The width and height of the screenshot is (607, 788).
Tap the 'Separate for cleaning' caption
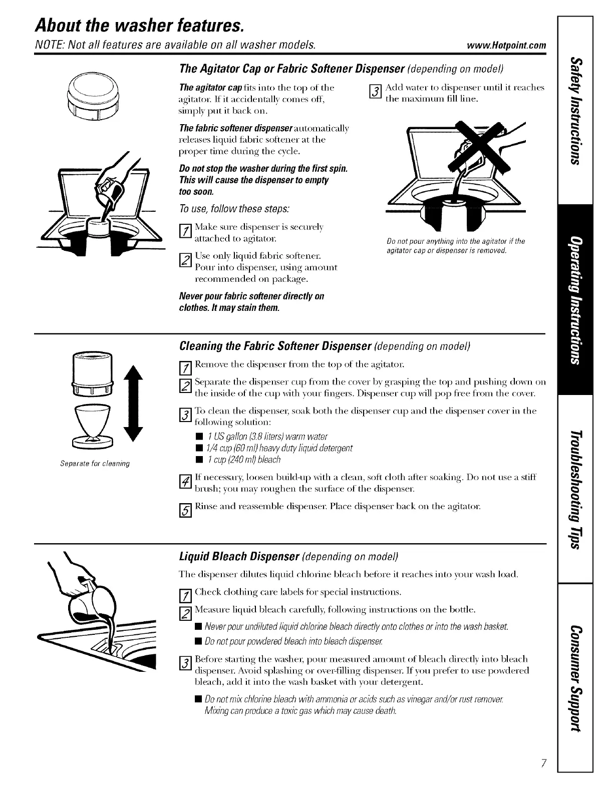[94, 464]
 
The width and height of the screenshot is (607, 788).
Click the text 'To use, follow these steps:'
[237, 208]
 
